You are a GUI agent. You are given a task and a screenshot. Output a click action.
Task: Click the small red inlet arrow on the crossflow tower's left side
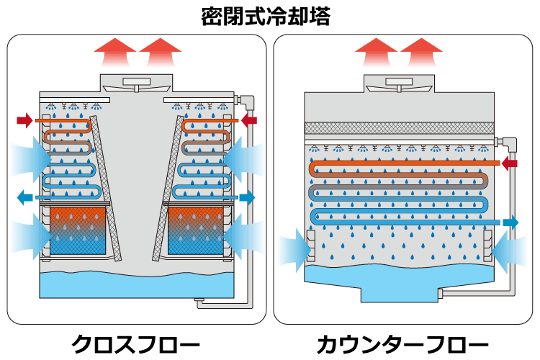point(24,119)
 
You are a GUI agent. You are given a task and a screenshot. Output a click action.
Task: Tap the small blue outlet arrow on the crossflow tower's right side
point(248,197)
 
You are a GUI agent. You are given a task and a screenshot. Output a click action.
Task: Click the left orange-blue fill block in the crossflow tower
point(78,230)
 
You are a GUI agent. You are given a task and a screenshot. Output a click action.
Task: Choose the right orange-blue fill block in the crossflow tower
point(196,230)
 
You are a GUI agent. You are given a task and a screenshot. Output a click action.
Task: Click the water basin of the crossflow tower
point(136,284)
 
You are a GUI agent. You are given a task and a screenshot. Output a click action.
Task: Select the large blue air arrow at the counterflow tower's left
point(292,248)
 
